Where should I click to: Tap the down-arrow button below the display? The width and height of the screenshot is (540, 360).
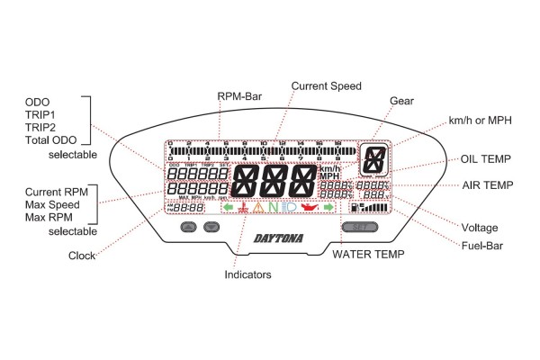pyautogui.click(x=212, y=228)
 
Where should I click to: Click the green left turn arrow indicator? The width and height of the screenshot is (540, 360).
pyautogui.click(x=229, y=208)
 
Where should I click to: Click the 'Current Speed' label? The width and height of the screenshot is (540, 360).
pyautogui.click(x=326, y=85)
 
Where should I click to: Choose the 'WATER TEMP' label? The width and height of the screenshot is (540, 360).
pyautogui.click(x=368, y=255)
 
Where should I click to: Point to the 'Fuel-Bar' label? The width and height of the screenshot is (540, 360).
pyautogui.click(x=485, y=245)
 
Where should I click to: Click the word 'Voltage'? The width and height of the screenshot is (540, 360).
pyautogui.click(x=479, y=227)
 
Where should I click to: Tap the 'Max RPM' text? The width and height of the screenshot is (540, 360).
pyautogui.click(x=46, y=219)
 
